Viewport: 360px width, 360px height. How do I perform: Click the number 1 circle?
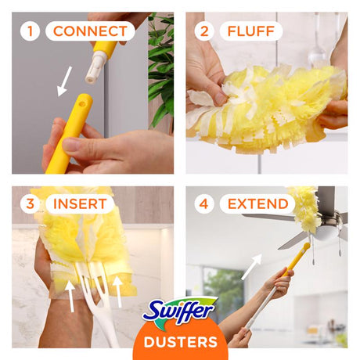[31, 31]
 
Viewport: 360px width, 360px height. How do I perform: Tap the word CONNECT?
[90, 31]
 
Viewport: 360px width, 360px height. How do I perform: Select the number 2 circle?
[205, 31]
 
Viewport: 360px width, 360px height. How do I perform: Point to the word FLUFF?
[250, 31]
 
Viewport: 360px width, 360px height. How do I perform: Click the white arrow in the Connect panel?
[64, 81]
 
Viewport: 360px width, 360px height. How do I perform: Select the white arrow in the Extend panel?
[251, 266]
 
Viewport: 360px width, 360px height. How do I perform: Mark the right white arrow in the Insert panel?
[118, 291]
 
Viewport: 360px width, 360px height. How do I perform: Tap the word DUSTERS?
[180, 342]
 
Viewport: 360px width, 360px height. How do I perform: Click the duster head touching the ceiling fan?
[304, 207]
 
